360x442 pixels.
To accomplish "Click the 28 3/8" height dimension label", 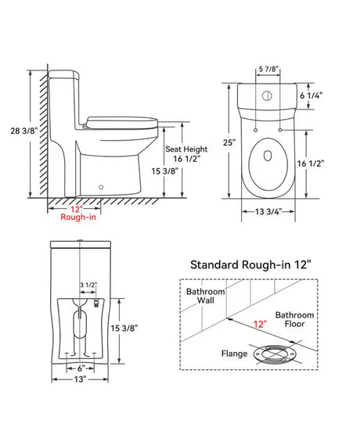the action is coord(23,131).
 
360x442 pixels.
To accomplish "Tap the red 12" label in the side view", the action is coord(76,210).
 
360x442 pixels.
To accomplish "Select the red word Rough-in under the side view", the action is coord(78,217).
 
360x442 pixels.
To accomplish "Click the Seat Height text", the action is coord(186,149).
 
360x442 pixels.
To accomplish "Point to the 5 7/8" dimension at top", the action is coord(268,69).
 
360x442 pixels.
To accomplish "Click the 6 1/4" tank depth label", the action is coord(311,95).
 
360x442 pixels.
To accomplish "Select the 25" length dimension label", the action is coord(229,142).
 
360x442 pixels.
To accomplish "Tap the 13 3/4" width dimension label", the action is coord(268,212).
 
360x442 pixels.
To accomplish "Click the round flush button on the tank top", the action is coord(267,96).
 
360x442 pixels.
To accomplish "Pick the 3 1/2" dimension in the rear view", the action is coord(88,285).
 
